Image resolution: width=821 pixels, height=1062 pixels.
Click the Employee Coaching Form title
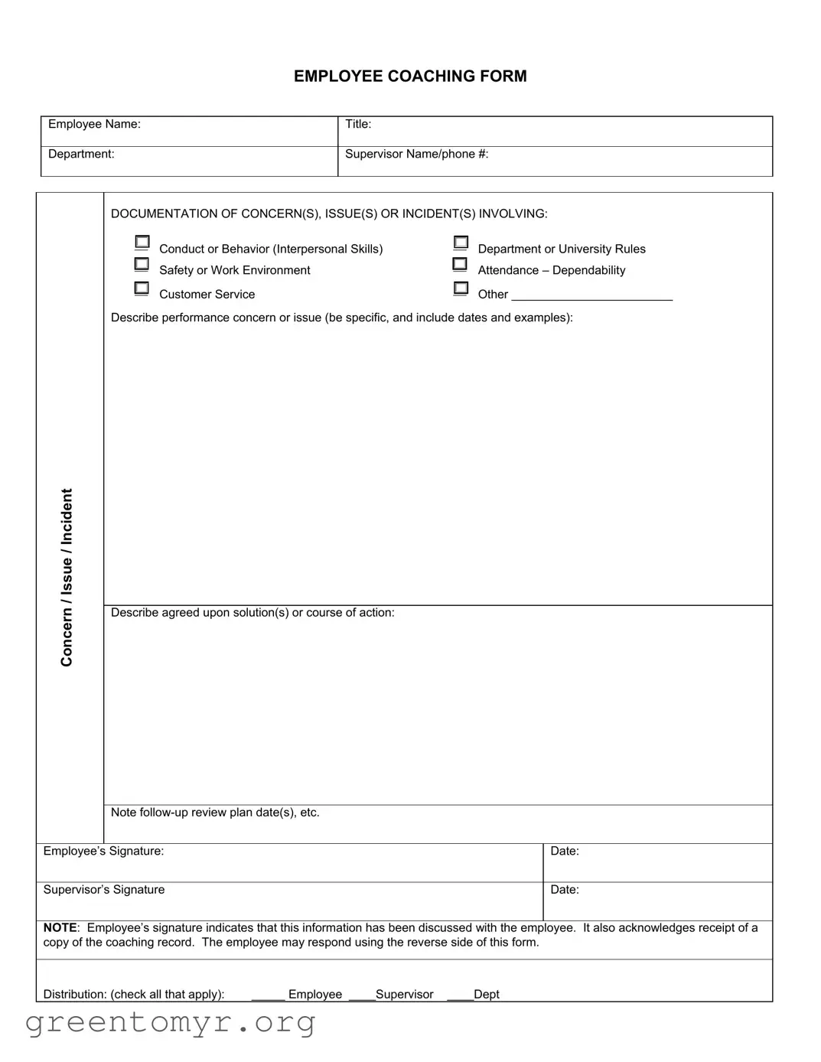410,77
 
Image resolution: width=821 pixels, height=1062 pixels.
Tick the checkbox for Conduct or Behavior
142,243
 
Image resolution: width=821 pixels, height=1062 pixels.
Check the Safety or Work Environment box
142,264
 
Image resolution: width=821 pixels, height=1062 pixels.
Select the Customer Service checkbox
142,288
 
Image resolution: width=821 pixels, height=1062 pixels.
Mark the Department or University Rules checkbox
461,243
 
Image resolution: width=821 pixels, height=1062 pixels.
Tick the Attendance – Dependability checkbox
460,264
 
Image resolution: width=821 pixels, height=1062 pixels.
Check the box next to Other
461,288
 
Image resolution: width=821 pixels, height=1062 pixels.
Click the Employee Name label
94,124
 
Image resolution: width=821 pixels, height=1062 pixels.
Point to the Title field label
358,124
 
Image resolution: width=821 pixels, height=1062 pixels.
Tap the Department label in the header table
81,154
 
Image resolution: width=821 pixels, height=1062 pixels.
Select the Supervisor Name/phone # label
416,154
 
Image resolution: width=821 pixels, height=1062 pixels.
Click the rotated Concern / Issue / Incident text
67,578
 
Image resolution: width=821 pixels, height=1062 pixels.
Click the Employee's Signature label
103,851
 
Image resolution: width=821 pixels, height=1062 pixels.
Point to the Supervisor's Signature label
103,889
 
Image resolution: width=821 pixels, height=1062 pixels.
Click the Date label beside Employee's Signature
565,851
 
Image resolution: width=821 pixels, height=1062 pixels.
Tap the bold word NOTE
60,927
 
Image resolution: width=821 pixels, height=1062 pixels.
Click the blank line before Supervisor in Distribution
361,995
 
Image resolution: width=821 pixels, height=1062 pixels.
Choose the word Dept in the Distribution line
487,994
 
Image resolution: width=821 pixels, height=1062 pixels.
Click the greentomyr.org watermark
170,1022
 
